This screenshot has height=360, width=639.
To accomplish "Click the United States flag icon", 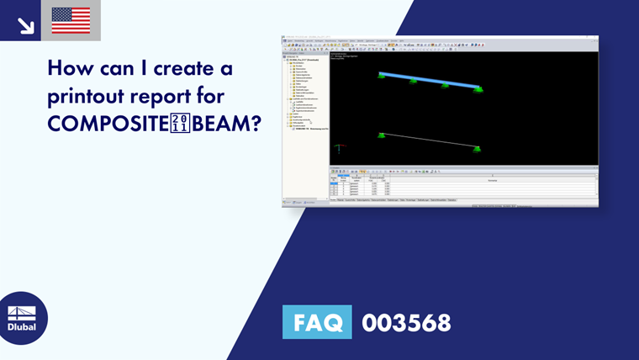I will (x=71, y=20).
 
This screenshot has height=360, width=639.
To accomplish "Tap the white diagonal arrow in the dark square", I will (x=25, y=24).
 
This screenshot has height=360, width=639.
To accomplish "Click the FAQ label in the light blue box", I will (x=317, y=322).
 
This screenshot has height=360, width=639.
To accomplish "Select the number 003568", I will (x=406, y=322).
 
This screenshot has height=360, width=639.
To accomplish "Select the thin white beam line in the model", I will (x=429, y=140).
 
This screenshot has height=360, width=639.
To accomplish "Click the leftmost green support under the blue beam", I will (x=382, y=77).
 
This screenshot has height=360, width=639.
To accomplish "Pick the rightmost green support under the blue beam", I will (x=478, y=88).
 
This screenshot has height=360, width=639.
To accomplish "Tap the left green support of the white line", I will (x=382, y=135).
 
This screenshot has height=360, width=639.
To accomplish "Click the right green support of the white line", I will (x=478, y=149).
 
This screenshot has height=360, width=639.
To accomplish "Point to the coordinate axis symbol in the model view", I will (x=338, y=149).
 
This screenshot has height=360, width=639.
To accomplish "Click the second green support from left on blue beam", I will (x=413, y=82).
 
